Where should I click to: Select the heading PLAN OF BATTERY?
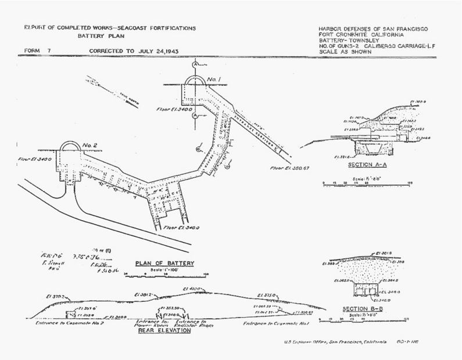click(x=165, y=264)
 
